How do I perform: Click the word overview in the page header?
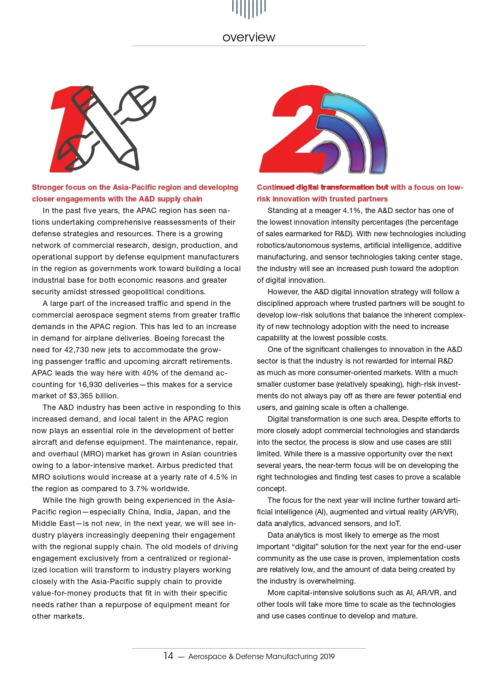pos(249,37)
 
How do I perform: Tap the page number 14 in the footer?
pos(168,655)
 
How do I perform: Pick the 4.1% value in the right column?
pos(352,210)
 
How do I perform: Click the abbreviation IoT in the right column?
pos(395,524)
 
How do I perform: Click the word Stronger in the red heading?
pos(47,187)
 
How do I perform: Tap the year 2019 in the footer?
pos(327,657)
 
